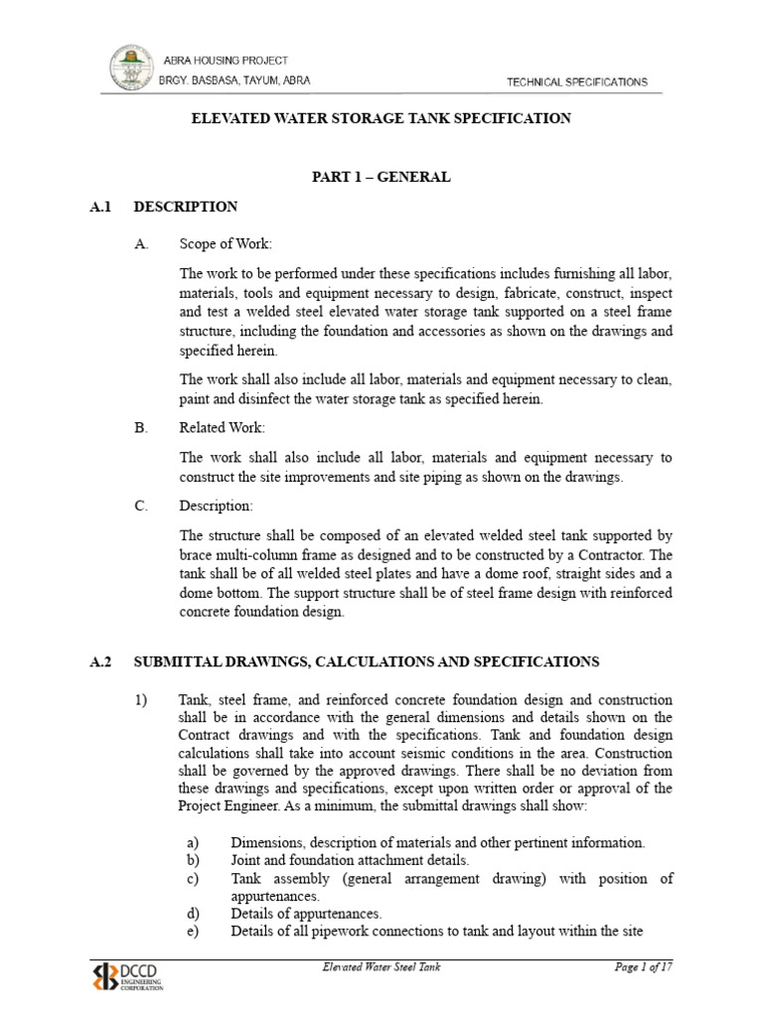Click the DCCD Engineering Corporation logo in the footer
click(130, 975)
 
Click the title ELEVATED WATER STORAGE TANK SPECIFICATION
click(381, 118)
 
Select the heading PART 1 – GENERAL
click(381, 177)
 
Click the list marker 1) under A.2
click(141, 700)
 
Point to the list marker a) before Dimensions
click(194, 842)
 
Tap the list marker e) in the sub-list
click(194, 932)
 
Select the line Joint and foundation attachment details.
click(350, 860)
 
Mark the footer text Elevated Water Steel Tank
click(381, 967)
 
